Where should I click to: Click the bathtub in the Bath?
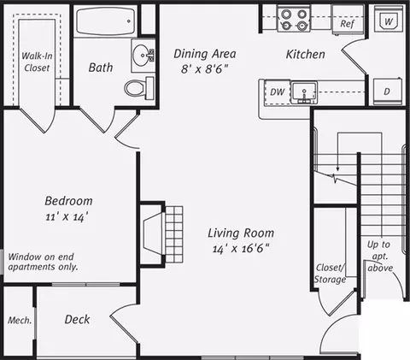pos(105,21)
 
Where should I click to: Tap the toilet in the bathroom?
pos(139,87)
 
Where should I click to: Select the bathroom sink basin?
pos(143,54)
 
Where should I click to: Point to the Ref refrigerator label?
pos(347,24)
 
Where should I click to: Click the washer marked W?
pos(389,19)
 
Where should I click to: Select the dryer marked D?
pos(388,91)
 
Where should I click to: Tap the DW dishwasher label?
pos(277,91)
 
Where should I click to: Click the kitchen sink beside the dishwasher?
pos(304,92)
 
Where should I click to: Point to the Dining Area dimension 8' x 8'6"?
pos(204,69)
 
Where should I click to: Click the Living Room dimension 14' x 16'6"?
pos(241,249)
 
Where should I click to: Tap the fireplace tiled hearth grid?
pos(173,234)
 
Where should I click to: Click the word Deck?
pos(77,319)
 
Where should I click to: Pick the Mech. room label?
pos(20,321)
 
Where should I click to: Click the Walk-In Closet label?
pos(37,62)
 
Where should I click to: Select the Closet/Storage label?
pos(331,274)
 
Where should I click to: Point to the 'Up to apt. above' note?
pos(380,256)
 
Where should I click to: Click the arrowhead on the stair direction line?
pos(337,169)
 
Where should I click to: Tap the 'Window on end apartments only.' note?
pos(43,262)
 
